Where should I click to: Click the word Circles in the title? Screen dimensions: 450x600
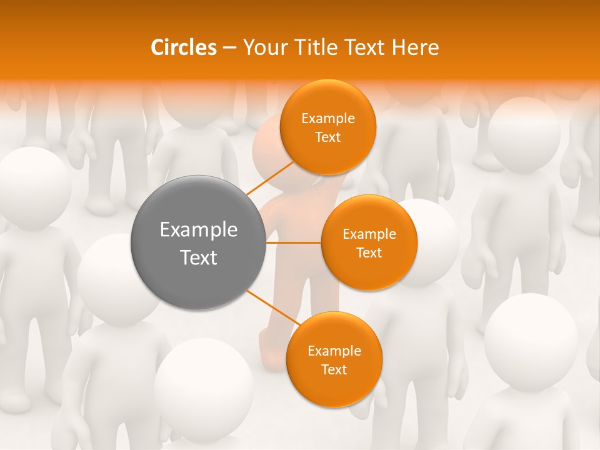click(x=183, y=47)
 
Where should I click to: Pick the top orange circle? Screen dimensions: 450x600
click(x=327, y=127)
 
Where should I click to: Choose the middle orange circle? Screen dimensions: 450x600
click(x=369, y=242)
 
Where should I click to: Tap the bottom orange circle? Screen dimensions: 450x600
click(x=334, y=359)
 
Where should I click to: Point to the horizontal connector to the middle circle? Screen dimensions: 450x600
click(x=294, y=242)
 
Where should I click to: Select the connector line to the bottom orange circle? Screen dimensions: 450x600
click(x=273, y=309)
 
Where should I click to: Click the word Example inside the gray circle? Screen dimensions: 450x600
click(x=199, y=230)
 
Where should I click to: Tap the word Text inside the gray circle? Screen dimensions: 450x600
click(x=199, y=257)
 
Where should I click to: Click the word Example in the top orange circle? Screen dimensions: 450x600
click(x=327, y=118)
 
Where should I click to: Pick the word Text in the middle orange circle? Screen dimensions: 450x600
click(x=369, y=252)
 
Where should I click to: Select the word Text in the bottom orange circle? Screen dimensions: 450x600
click(x=334, y=369)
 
